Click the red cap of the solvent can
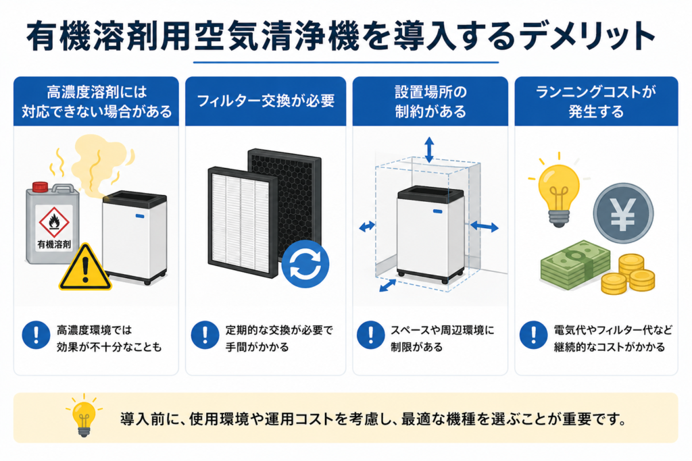40,187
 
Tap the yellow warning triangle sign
85,268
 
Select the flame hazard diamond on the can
54,222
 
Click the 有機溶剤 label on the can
54,244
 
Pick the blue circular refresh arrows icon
305,264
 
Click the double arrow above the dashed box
429,150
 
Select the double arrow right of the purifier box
484,227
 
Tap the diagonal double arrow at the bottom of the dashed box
387,286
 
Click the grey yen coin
623,213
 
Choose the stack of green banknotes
576,265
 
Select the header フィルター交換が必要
265,101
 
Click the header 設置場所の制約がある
430,102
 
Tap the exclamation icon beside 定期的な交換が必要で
205,335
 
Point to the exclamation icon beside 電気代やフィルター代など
533,335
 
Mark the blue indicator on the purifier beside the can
139,216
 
